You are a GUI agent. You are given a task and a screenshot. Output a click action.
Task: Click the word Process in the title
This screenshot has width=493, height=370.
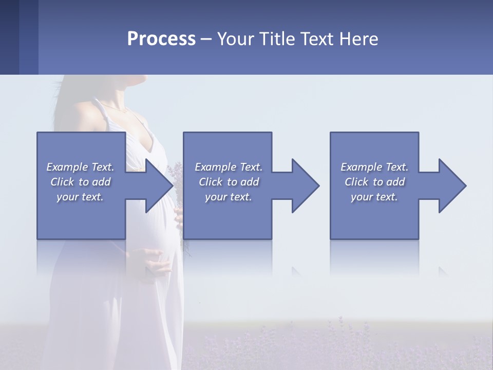coord(161,39)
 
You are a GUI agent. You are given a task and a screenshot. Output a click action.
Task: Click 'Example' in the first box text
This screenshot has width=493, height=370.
coord(67,167)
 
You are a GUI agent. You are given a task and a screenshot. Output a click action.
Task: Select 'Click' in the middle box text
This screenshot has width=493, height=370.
coord(210,182)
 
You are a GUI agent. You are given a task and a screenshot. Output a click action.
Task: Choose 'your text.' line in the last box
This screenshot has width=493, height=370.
coord(374,197)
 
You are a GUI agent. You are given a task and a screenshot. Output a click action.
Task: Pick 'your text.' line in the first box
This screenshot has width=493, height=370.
coord(80,197)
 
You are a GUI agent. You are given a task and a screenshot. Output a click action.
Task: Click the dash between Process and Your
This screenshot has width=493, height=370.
coord(206,40)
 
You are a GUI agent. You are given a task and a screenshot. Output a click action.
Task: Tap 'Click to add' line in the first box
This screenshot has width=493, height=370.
coord(80,182)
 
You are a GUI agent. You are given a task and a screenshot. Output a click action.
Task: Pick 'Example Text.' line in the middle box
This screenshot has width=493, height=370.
coord(228,167)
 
